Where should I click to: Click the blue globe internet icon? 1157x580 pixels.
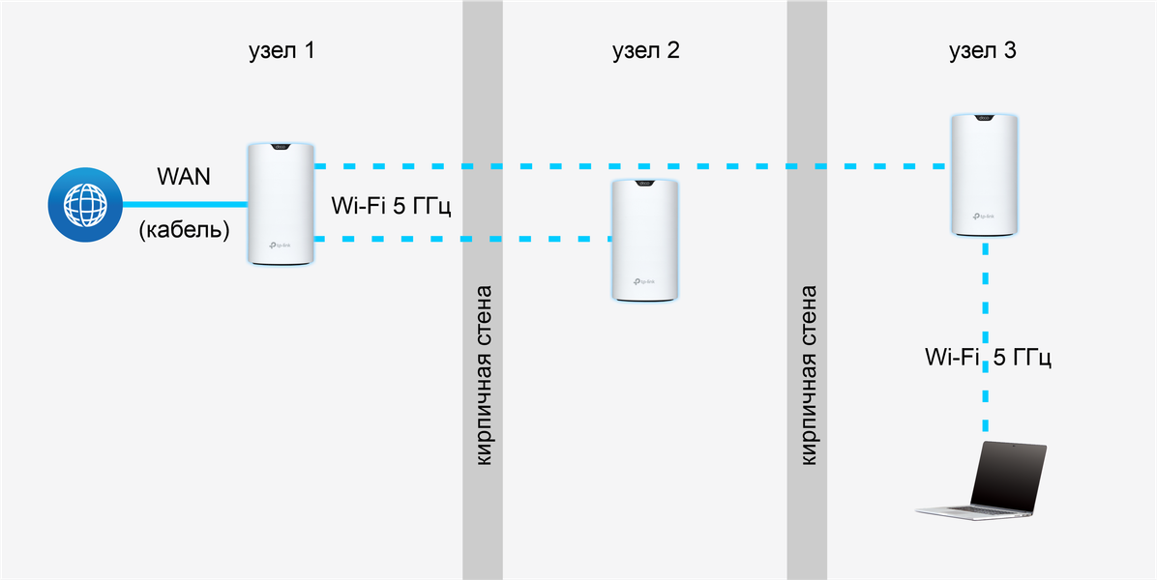click(85, 205)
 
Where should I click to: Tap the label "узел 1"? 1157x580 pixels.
click(282, 51)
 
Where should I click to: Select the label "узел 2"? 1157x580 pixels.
click(645, 51)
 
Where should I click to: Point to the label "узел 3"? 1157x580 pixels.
click(982, 51)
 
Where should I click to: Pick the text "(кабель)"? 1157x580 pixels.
click(184, 231)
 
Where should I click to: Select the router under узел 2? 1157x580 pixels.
click(648, 240)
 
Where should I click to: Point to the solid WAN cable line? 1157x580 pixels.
click(184, 205)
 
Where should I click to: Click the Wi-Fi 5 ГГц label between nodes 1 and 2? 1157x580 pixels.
click(392, 206)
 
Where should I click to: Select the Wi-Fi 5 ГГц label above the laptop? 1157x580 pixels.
click(987, 358)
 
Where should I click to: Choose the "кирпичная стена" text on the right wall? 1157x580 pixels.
click(809, 374)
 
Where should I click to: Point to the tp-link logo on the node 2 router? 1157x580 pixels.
click(648, 282)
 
